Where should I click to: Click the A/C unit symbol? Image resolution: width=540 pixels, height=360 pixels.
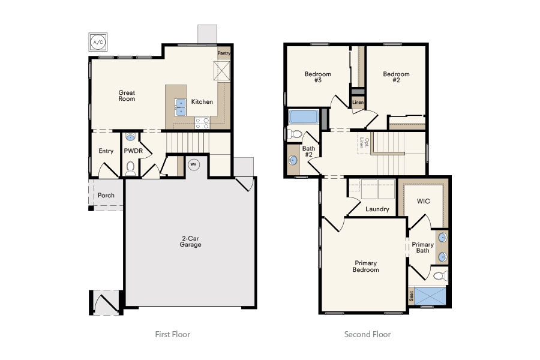click(x=97, y=41)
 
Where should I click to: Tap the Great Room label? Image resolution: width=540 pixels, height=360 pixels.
click(x=127, y=95)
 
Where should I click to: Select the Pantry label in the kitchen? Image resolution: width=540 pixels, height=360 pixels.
click(x=224, y=53)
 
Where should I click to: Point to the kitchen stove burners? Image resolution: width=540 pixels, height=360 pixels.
click(x=202, y=123)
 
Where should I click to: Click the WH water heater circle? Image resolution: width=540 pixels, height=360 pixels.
click(x=193, y=164)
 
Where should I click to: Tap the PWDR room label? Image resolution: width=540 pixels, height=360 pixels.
click(x=133, y=151)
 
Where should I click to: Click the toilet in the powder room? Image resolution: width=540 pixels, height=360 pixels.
click(x=130, y=167)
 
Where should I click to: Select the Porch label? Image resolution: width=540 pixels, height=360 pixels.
click(x=106, y=196)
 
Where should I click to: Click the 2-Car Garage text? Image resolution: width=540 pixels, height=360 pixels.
click(x=191, y=242)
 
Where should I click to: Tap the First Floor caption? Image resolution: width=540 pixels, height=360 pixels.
click(x=172, y=334)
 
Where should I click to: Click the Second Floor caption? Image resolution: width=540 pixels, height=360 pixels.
click(x=367, y=334)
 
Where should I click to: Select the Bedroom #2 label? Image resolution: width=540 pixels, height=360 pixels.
click(x=396, y=77)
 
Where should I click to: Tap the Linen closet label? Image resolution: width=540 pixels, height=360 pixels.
click(x=358, y=103)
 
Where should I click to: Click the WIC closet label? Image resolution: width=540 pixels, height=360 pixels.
click(x=424, y=201)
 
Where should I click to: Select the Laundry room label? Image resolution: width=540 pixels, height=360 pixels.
click(x=377, y=209)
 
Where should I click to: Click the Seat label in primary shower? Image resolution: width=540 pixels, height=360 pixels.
click(x=411, y=296)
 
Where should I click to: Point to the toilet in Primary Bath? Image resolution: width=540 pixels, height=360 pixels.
click(x=440, y=276)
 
